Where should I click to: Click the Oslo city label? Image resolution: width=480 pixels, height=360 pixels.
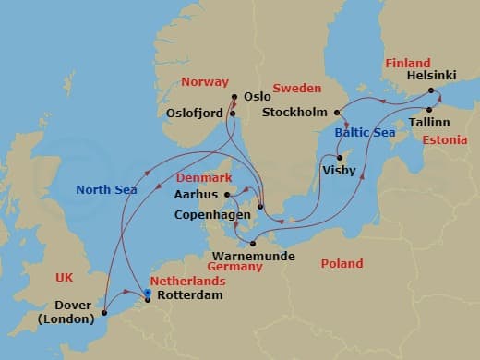(258, 95)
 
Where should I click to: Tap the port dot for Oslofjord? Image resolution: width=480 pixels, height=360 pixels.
(233, 114)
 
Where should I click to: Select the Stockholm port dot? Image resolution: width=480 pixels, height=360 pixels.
(340, 114)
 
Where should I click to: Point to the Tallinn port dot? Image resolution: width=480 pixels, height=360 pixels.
(429, 109)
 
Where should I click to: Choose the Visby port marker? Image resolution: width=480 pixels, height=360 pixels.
(341, 157)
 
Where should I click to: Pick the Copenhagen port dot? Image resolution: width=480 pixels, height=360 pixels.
(261, 205)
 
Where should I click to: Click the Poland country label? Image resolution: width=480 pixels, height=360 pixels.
(342, 263)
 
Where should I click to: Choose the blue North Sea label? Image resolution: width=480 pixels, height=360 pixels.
(106, 190)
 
